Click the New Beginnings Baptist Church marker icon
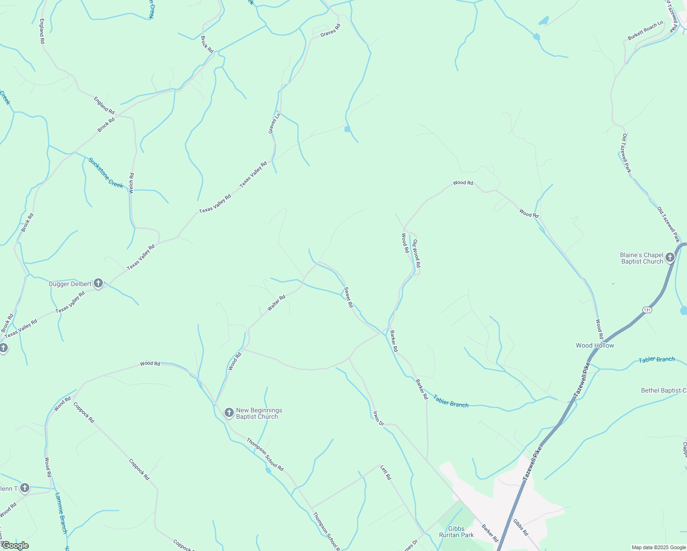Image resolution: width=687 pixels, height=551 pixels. click(229, 413)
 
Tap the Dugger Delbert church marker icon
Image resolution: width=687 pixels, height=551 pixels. click(98, 283)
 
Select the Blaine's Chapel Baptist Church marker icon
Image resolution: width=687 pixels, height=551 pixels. click(670, 258)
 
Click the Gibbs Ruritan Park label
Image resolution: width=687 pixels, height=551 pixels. click(456, 532)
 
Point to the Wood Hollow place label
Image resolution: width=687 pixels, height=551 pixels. click(595, 345)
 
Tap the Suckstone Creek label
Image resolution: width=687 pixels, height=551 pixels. click(106, 173)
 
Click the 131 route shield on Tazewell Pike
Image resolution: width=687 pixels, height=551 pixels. click(647, 310)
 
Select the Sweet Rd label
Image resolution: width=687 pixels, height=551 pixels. click(349, 297)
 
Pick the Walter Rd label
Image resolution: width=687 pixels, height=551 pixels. click(276, 303)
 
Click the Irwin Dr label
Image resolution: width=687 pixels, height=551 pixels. click(378, 418)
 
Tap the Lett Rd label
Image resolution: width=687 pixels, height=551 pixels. click(386, 472)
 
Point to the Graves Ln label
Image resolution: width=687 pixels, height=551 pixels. click(274, 123)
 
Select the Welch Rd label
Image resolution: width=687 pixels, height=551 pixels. click(131, 183)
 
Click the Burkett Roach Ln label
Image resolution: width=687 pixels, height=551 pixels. click(646, 30)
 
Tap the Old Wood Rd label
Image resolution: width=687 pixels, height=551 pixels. click(416, 253)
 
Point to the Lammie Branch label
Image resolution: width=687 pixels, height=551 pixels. click(61, 513)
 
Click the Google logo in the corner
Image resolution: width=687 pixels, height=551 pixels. click(15, 545)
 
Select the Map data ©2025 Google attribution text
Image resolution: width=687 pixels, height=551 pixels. click(658, 547)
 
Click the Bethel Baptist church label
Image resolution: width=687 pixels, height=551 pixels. click(664, 390)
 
